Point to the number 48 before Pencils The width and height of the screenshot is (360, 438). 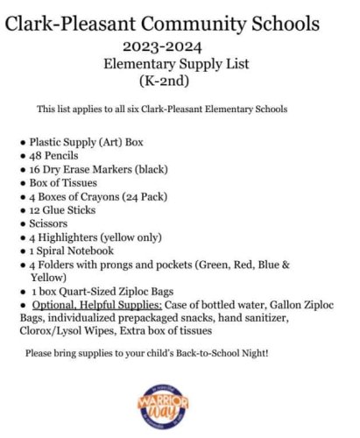click(36, 154)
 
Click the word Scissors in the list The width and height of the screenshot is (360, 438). click(49, 223)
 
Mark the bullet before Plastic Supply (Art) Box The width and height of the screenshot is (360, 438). click(22, 141)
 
